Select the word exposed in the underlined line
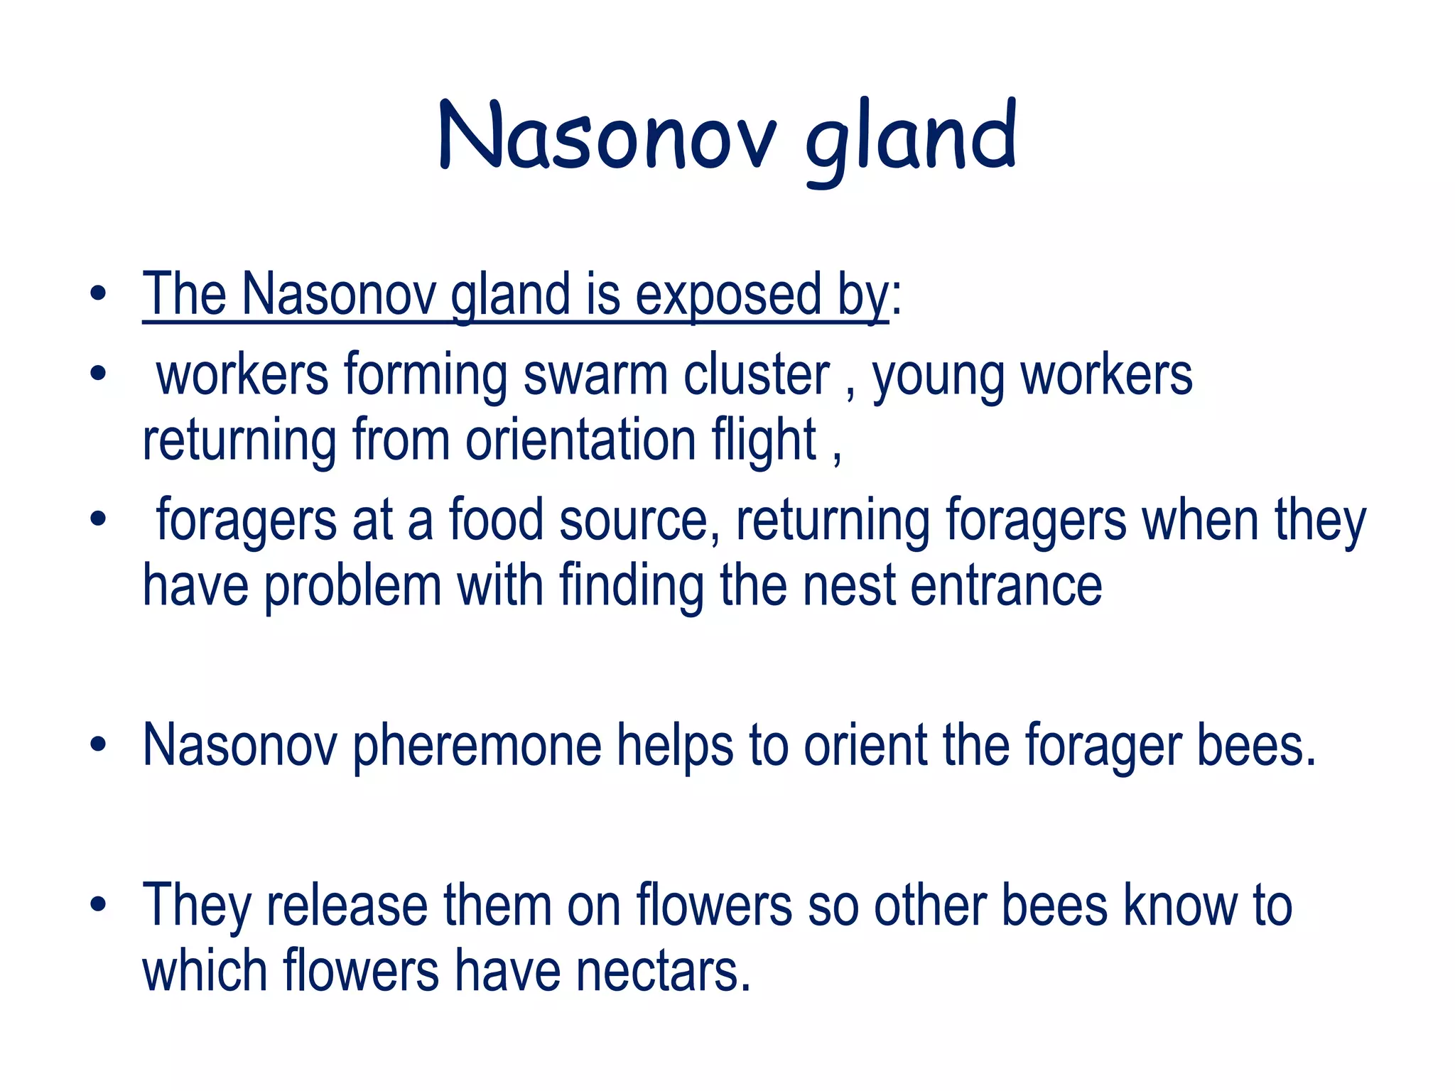[x=727, y=295]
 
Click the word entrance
[x=1006, y=587]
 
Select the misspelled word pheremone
[x=477, y=747]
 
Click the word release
[x=347, y=906]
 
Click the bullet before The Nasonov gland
[x=98, y=294]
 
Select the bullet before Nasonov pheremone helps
[x=98, y=745]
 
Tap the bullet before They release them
[x=98, y=905]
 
